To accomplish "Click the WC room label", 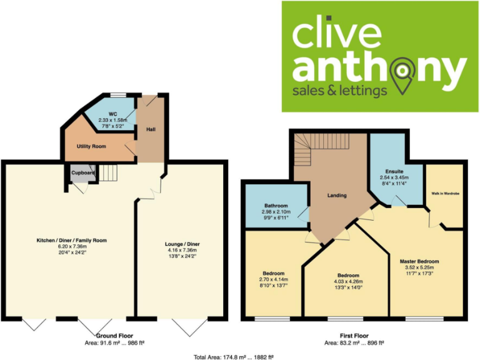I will click(113, 114).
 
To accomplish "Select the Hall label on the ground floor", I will click(151, 129).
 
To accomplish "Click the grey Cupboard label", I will click(82, 172).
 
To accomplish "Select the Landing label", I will click(337, 196).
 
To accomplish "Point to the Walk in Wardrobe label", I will click(445, 194).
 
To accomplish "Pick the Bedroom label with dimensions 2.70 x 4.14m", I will click(274, 274).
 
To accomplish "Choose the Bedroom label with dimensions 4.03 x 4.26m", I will click(348, 276).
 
